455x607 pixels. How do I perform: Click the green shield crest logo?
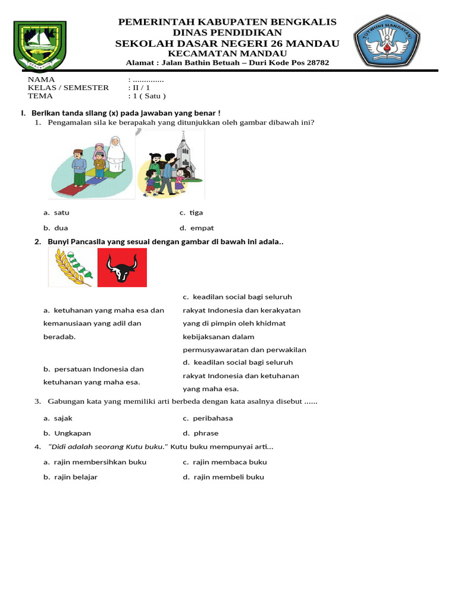coord(41,46)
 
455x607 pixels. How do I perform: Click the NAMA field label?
coord(41,79)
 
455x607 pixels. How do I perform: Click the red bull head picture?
coord(122,267)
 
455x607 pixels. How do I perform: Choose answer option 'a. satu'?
coord(60,212)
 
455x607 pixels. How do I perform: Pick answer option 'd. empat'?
coord(198,228)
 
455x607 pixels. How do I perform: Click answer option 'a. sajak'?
coord(57,418)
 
